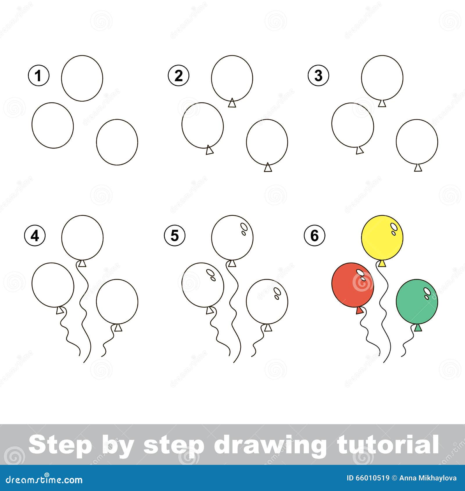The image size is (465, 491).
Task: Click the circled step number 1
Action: pos(39,76)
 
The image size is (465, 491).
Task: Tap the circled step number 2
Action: pos(178,76)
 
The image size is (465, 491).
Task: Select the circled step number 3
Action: pos(319,76)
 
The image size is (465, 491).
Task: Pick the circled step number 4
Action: pos(35,236)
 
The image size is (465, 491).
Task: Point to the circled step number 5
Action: pos(175,236)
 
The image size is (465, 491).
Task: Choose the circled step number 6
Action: pos(315,236)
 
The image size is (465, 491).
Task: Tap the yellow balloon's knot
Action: pos(382,264)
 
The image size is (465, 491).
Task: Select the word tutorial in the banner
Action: pos(387,445)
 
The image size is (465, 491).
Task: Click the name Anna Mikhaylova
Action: pos(428,478)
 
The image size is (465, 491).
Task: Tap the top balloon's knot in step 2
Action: pos(232,103)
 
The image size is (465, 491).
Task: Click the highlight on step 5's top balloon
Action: pos(244,226)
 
